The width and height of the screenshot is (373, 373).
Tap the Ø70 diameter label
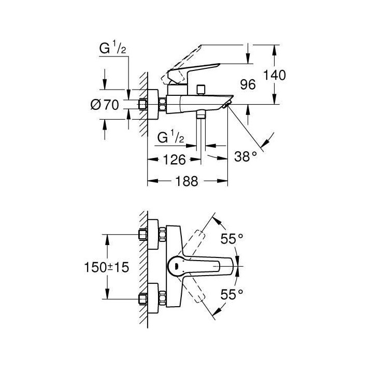pyautogui.click(x=105, y=105)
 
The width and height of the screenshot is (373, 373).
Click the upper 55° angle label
pyautogui.click(x=232, y=239)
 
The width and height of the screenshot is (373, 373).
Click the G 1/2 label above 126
pyautogui.click(x=170, y=138)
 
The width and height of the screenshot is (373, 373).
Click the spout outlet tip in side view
pyautogui.click(x=226, y=105)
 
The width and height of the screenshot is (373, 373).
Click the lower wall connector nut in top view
pyautogui.click(x=144, y=299)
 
